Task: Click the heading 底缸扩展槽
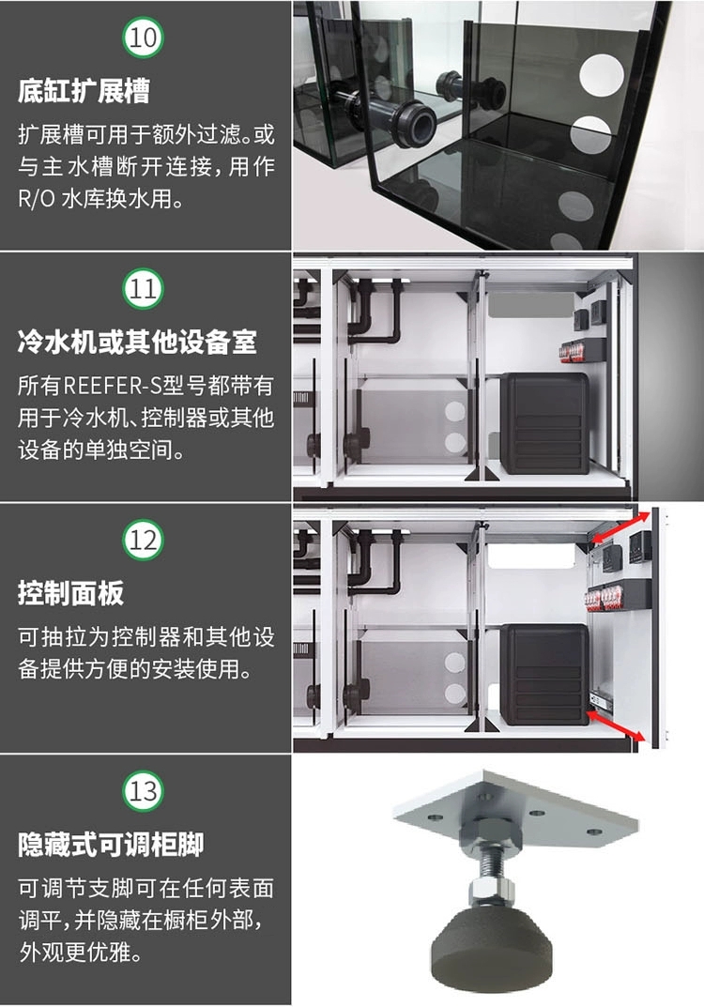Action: pyautogui.click(x=84, y=92)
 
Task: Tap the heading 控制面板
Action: pyautogui.click(x=70, y=593)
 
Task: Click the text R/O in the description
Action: pyautogui.click(x=39, y=199)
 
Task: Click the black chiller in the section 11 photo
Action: pyautogui.click(x=543, y=422)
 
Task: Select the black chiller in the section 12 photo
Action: pyautogui.click(x=543, y=673)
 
